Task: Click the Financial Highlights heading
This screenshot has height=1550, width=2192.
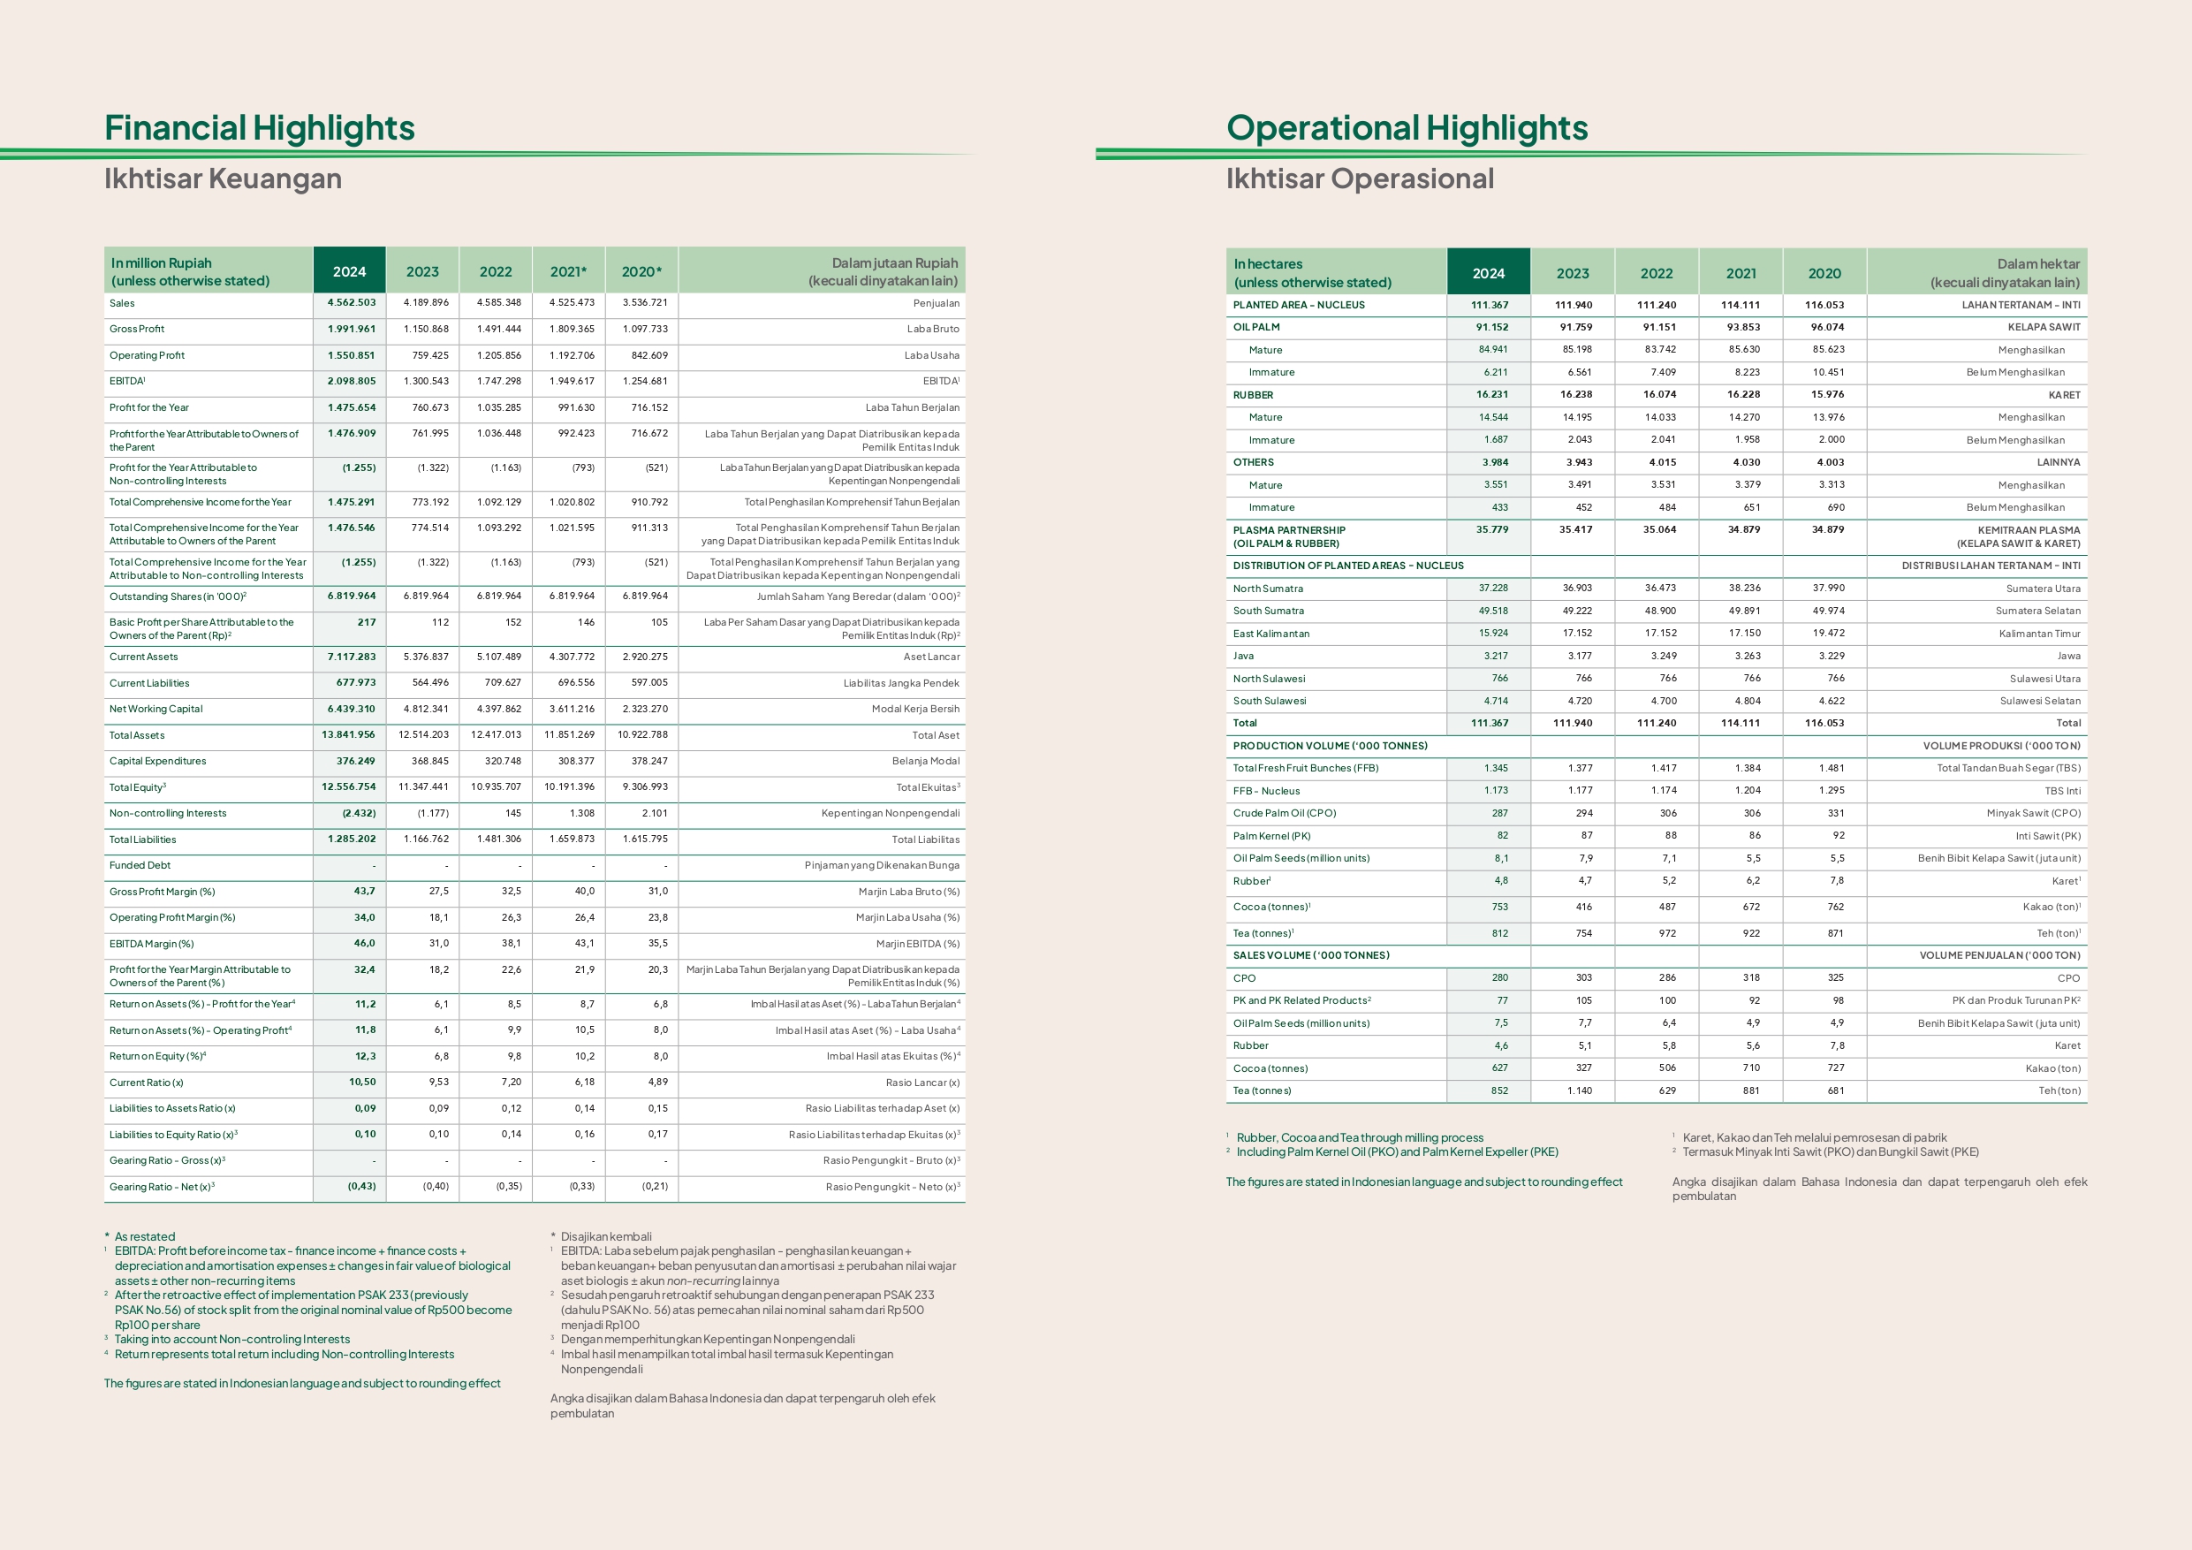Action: (x=259, y=128)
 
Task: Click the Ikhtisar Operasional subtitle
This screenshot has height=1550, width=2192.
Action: (x=1360, y=179)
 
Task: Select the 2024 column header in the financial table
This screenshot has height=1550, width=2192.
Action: (x=349, y=271)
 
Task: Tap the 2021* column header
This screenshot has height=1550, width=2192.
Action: (x=568, y=271)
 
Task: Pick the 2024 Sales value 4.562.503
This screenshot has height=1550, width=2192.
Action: (x=352, y=303)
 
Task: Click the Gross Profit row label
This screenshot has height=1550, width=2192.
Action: (x=137, y=329)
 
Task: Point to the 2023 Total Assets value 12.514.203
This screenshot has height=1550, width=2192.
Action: (x=423, y=735)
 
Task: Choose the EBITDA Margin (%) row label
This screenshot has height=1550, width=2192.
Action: (x=151, y=944)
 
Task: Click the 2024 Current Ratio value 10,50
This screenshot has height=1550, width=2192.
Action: (x=362, y=1082)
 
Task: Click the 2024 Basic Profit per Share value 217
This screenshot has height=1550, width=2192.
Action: (x=367, y=622)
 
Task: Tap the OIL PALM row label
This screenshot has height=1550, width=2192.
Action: (x=1255, y=328)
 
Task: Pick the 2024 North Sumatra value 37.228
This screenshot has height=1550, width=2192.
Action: (x=1493, y=589)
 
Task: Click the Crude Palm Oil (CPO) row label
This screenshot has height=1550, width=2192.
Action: (x=1284, y=814)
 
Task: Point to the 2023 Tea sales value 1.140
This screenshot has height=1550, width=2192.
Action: (x=1578, y=1090)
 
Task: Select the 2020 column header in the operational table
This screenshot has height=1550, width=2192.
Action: (x=1824, y=273)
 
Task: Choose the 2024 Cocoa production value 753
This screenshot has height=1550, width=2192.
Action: (x=1500, y=908)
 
